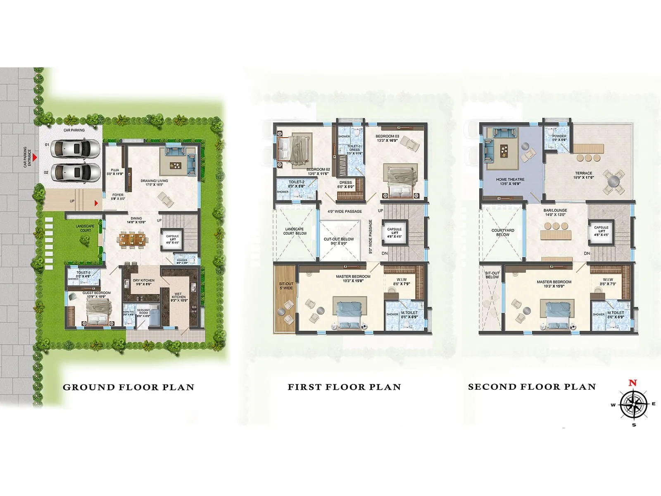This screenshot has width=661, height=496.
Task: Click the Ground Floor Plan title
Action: [x=128, y=387]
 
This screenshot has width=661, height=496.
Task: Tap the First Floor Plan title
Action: [x=344, y=387]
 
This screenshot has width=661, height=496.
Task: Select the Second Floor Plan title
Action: [x=532, y=387]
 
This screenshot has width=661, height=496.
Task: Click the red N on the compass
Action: [x=632, y=383]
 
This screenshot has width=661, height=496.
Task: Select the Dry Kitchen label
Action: [x=143, y=282]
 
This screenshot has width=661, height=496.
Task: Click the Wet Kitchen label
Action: [x=179, y=297]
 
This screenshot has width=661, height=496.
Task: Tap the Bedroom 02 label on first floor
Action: [x=318, y=172]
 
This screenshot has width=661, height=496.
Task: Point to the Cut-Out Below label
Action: [x=339, y=241]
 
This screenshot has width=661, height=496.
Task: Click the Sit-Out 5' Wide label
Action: [x=286, y=286]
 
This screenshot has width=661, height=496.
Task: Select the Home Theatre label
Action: [x=510, y=181]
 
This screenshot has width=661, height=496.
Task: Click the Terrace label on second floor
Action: [x=583, y=175]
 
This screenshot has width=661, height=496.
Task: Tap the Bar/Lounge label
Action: [x=555, y=212]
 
